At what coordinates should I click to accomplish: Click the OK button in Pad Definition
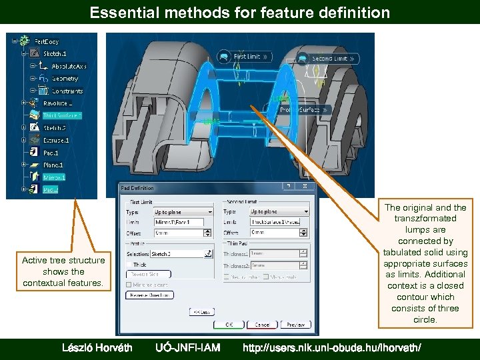(x=229, y=325)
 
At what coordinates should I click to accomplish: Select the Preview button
(x=295, y=325)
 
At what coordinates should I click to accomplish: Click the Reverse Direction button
(x=149, y=295)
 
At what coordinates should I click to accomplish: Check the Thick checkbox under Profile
(x=129, y=264)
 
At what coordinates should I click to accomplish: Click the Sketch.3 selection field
(x=177, y=254)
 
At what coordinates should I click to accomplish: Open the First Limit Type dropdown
(x=183, y=212)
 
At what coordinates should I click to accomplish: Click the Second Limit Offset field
(x=279, y=232)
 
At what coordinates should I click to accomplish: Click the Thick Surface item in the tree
(x=61, y=115)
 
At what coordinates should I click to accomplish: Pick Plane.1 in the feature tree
(x=53, y=165)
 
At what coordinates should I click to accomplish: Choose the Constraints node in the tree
(x=67, y=91)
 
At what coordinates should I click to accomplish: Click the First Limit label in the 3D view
(x=246, y=57)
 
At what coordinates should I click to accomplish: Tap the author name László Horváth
(x=97, y=347)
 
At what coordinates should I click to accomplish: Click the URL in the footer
(x=331, y=347)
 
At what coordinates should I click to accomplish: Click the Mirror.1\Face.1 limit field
(x=178, y=222)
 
